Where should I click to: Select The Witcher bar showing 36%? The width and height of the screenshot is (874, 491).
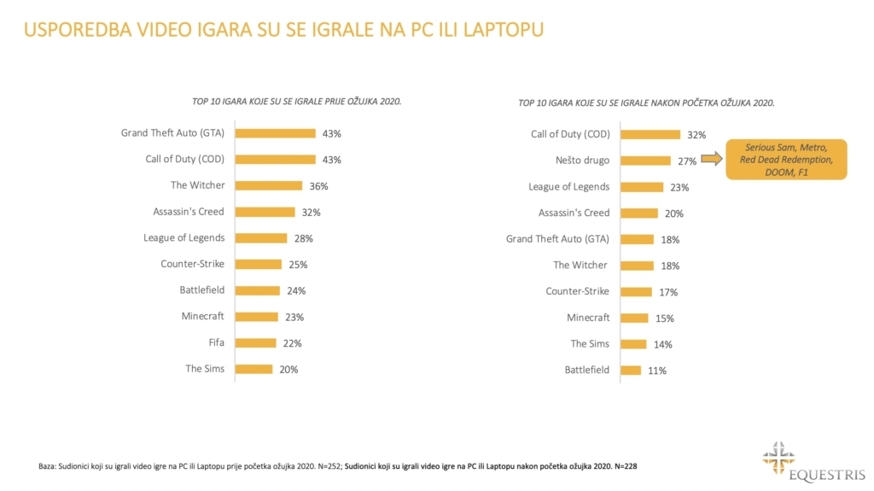268,186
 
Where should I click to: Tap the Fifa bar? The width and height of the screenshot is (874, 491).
255,343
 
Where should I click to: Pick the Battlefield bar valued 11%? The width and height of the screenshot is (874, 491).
630,371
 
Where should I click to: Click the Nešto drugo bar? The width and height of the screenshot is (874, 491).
645,161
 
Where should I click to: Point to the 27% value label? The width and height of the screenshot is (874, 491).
687,161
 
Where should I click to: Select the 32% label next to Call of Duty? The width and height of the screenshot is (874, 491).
696,135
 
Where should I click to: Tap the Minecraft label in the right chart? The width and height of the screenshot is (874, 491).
588,318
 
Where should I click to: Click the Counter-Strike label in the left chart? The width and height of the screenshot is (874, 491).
192,264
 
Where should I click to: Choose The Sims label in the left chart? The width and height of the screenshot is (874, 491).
205,369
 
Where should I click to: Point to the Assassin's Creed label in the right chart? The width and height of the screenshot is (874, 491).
574,213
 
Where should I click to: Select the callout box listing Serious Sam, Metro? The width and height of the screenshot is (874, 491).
786,159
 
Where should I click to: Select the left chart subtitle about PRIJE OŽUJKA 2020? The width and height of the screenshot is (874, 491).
297,102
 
